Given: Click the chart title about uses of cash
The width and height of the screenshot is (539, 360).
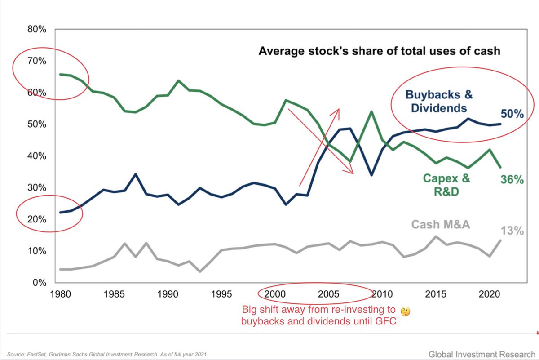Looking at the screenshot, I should [379, 51].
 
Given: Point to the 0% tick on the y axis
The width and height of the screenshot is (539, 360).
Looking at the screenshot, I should [38, 283].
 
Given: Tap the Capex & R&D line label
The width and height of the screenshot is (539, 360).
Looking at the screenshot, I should [446, 185].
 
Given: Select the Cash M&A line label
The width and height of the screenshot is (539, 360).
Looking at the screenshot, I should [441, 224].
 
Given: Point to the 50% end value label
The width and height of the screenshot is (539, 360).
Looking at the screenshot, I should [512, 114].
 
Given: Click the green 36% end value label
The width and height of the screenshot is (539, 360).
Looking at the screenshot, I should [512, 180].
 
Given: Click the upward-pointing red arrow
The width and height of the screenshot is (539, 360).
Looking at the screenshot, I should [319, 146].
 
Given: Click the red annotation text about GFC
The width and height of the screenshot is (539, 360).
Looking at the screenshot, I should [319, 316].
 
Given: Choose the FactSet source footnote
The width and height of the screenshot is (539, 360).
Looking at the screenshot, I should [107, 354].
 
